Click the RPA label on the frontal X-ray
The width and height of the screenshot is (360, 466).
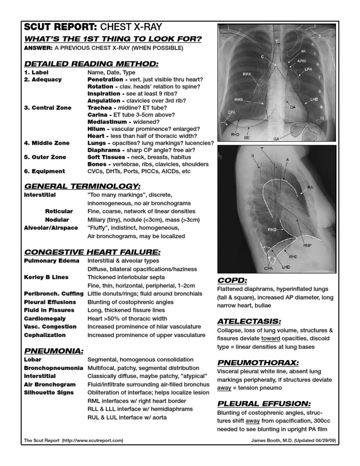point(247,74)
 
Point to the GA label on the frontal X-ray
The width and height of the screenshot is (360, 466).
point(277,139)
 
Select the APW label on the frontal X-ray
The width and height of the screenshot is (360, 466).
point(302,61)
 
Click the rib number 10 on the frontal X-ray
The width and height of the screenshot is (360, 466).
point(321,118)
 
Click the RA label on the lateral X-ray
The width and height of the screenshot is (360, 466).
point(310,188)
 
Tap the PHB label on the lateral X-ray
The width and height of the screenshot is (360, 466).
point(272,230)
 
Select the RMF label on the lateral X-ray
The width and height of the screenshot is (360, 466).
point(307,245)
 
